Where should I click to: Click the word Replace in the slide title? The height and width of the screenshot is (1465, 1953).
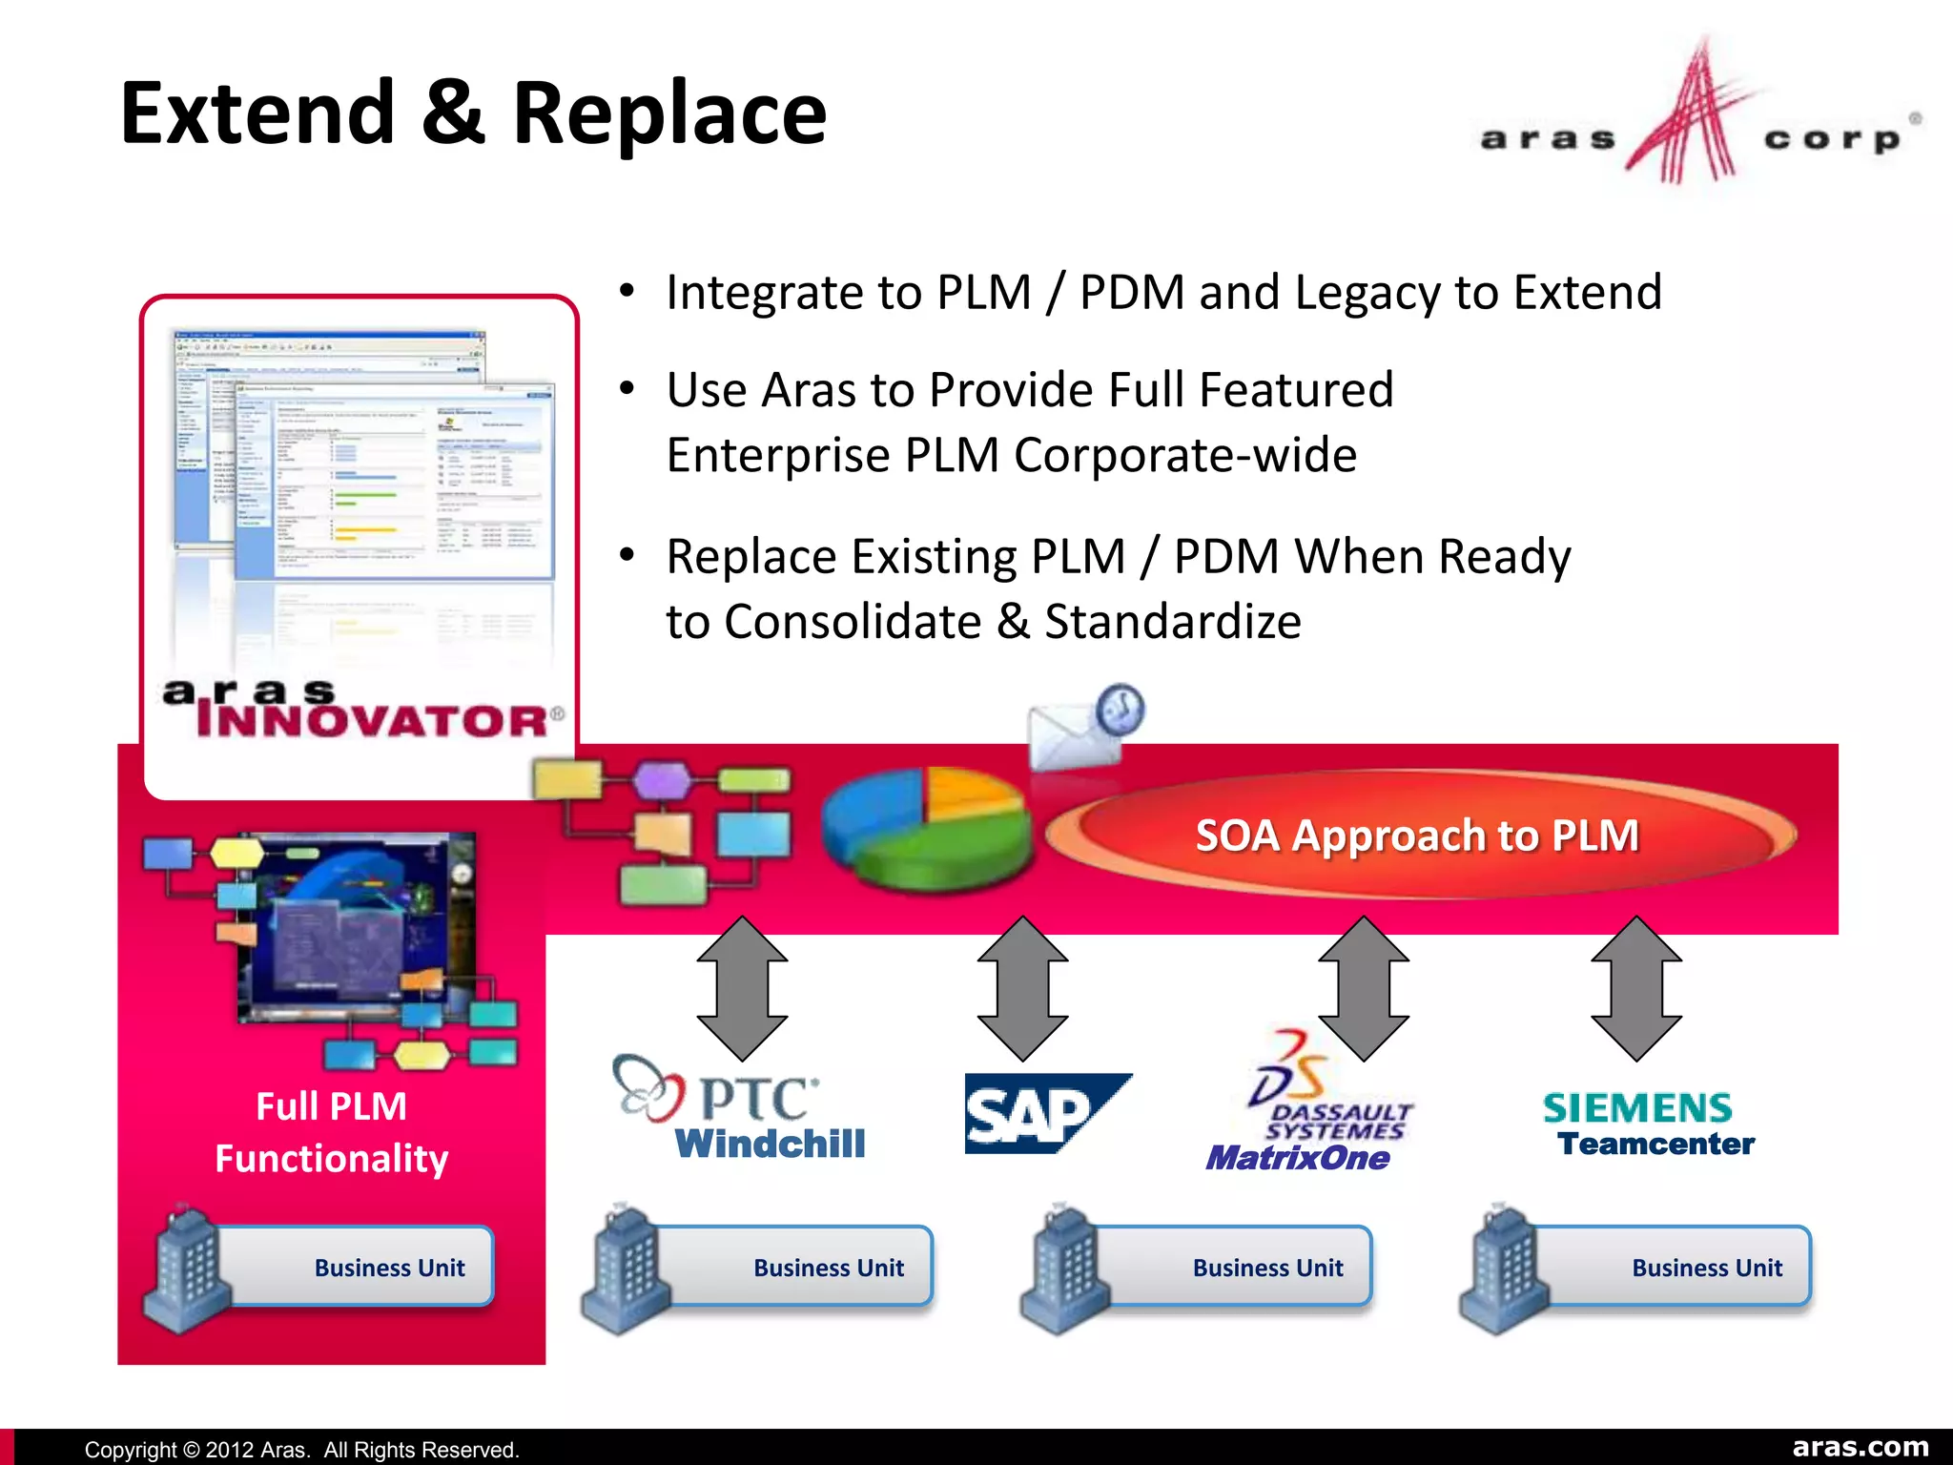pos(668,114)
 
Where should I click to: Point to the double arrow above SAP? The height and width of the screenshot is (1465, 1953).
pos(1022,988)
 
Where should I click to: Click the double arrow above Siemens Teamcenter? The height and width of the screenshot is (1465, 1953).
pos(1636,988)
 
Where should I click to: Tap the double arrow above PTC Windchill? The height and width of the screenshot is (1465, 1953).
pos(742,988)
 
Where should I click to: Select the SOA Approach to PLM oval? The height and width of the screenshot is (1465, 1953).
pos(1418,836)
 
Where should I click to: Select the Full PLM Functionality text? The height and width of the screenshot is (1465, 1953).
pos(331,1132)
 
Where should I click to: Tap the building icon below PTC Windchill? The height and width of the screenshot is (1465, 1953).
pos(625,1270)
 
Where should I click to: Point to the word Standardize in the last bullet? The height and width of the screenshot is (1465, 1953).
pos(1172,622)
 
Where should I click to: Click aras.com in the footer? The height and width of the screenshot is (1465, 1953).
pos(1860,1447)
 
